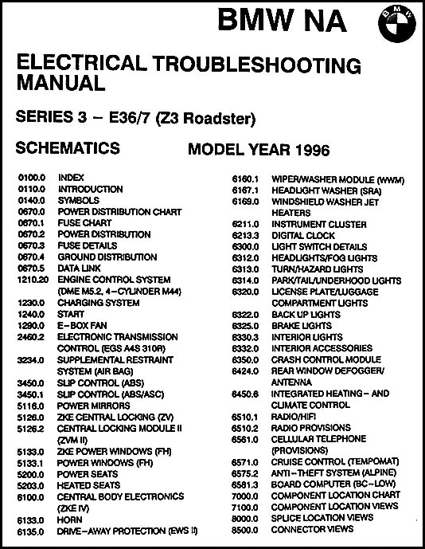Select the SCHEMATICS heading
pos(68,148)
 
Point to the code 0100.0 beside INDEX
pos(30,178)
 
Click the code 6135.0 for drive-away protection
pos(30,529)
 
